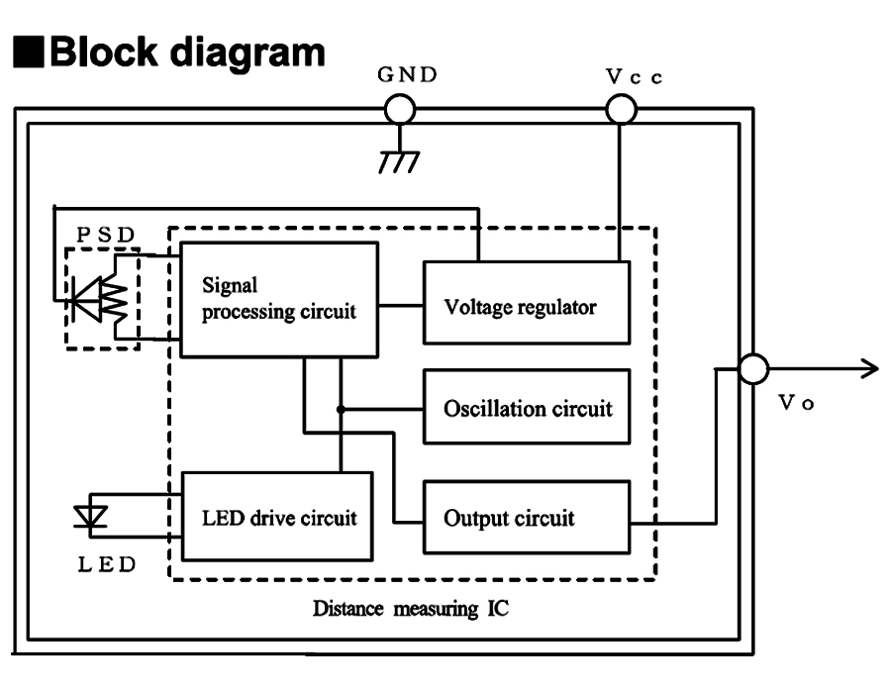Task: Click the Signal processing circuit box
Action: pos(277,299)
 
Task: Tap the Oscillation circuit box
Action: pos(527,407)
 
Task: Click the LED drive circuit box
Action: pos(276,517)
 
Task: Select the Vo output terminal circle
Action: pos(754,369)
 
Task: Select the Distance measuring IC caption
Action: pos(411,607)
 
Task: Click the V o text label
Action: pos(796,409)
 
